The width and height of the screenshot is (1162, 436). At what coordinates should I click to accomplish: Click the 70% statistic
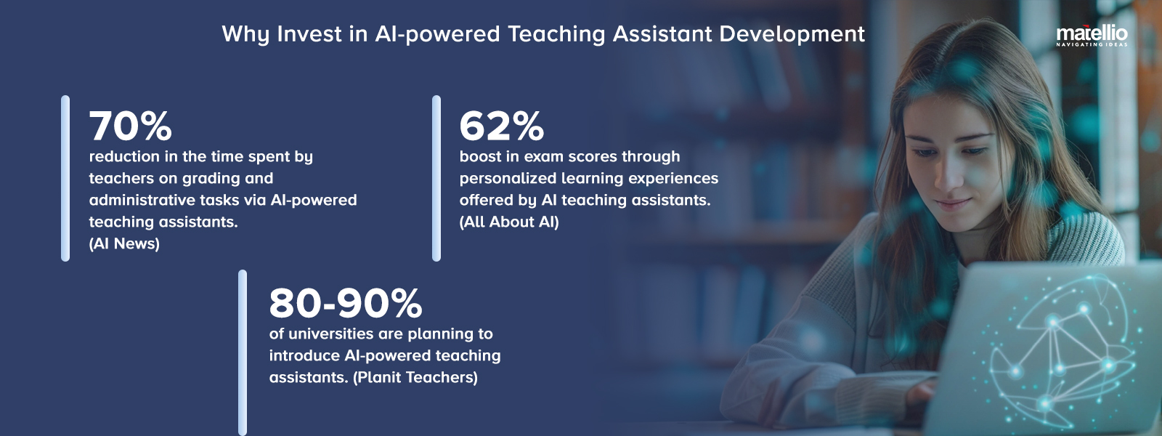click(x=131, y=126)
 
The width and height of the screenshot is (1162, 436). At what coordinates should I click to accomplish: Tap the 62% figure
click(x=501, y=126)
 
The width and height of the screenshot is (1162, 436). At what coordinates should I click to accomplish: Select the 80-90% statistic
click(x=345, y=304)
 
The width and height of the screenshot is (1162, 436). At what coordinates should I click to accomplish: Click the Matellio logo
click(x=1092, y=34)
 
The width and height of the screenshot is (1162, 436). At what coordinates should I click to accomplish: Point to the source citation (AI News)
click(x=124, y=244)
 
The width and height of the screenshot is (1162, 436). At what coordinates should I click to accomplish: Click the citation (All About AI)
click(x=509, y=222)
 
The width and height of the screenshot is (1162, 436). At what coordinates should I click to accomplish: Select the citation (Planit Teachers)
click(x=415, y=378)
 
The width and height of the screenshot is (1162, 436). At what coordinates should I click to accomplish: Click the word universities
click(x=331, y=334)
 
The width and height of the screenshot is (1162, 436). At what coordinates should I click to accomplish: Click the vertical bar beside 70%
click(x=65, y=178)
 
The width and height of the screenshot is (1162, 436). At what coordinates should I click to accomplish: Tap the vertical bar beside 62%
click(x=436, y=178)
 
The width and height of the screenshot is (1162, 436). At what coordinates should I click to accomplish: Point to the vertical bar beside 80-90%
click(x=243, y=352)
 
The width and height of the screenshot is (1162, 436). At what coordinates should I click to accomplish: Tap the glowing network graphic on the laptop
click(x=1060, y=349)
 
